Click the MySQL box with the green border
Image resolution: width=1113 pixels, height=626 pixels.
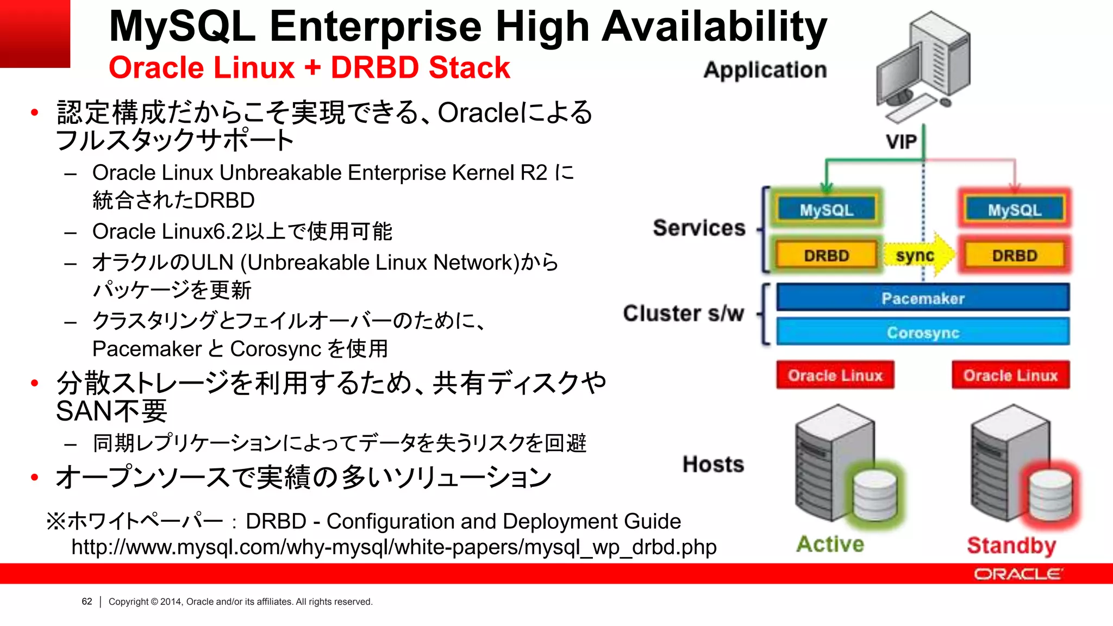(826, 210)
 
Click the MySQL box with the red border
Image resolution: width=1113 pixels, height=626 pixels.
(1014, 210)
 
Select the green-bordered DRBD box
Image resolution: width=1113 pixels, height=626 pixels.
(826, 255)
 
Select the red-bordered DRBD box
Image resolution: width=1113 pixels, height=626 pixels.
(1014, 255)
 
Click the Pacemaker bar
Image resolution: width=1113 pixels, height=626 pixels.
(923, 298)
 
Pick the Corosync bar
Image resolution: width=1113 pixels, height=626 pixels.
(923, 332)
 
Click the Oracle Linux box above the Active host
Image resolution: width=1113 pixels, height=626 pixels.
(835, 375)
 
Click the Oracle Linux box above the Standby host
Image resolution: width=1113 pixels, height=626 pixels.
(1010, 375)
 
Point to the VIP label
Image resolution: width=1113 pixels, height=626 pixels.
(901, 142)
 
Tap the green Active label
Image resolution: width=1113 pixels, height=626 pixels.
(830, 544)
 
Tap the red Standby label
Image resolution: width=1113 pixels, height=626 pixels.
(1011, 545)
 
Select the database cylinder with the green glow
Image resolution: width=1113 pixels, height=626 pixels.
(874, 494)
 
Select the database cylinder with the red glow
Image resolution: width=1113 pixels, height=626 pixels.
(1050, 494)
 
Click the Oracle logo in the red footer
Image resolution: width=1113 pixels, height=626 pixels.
(1018, 574)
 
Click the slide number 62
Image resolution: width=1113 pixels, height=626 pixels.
(87, 602)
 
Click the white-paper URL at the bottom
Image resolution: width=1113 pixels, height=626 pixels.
(394, 547)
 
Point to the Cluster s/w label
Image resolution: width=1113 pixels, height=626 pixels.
(683, 314)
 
